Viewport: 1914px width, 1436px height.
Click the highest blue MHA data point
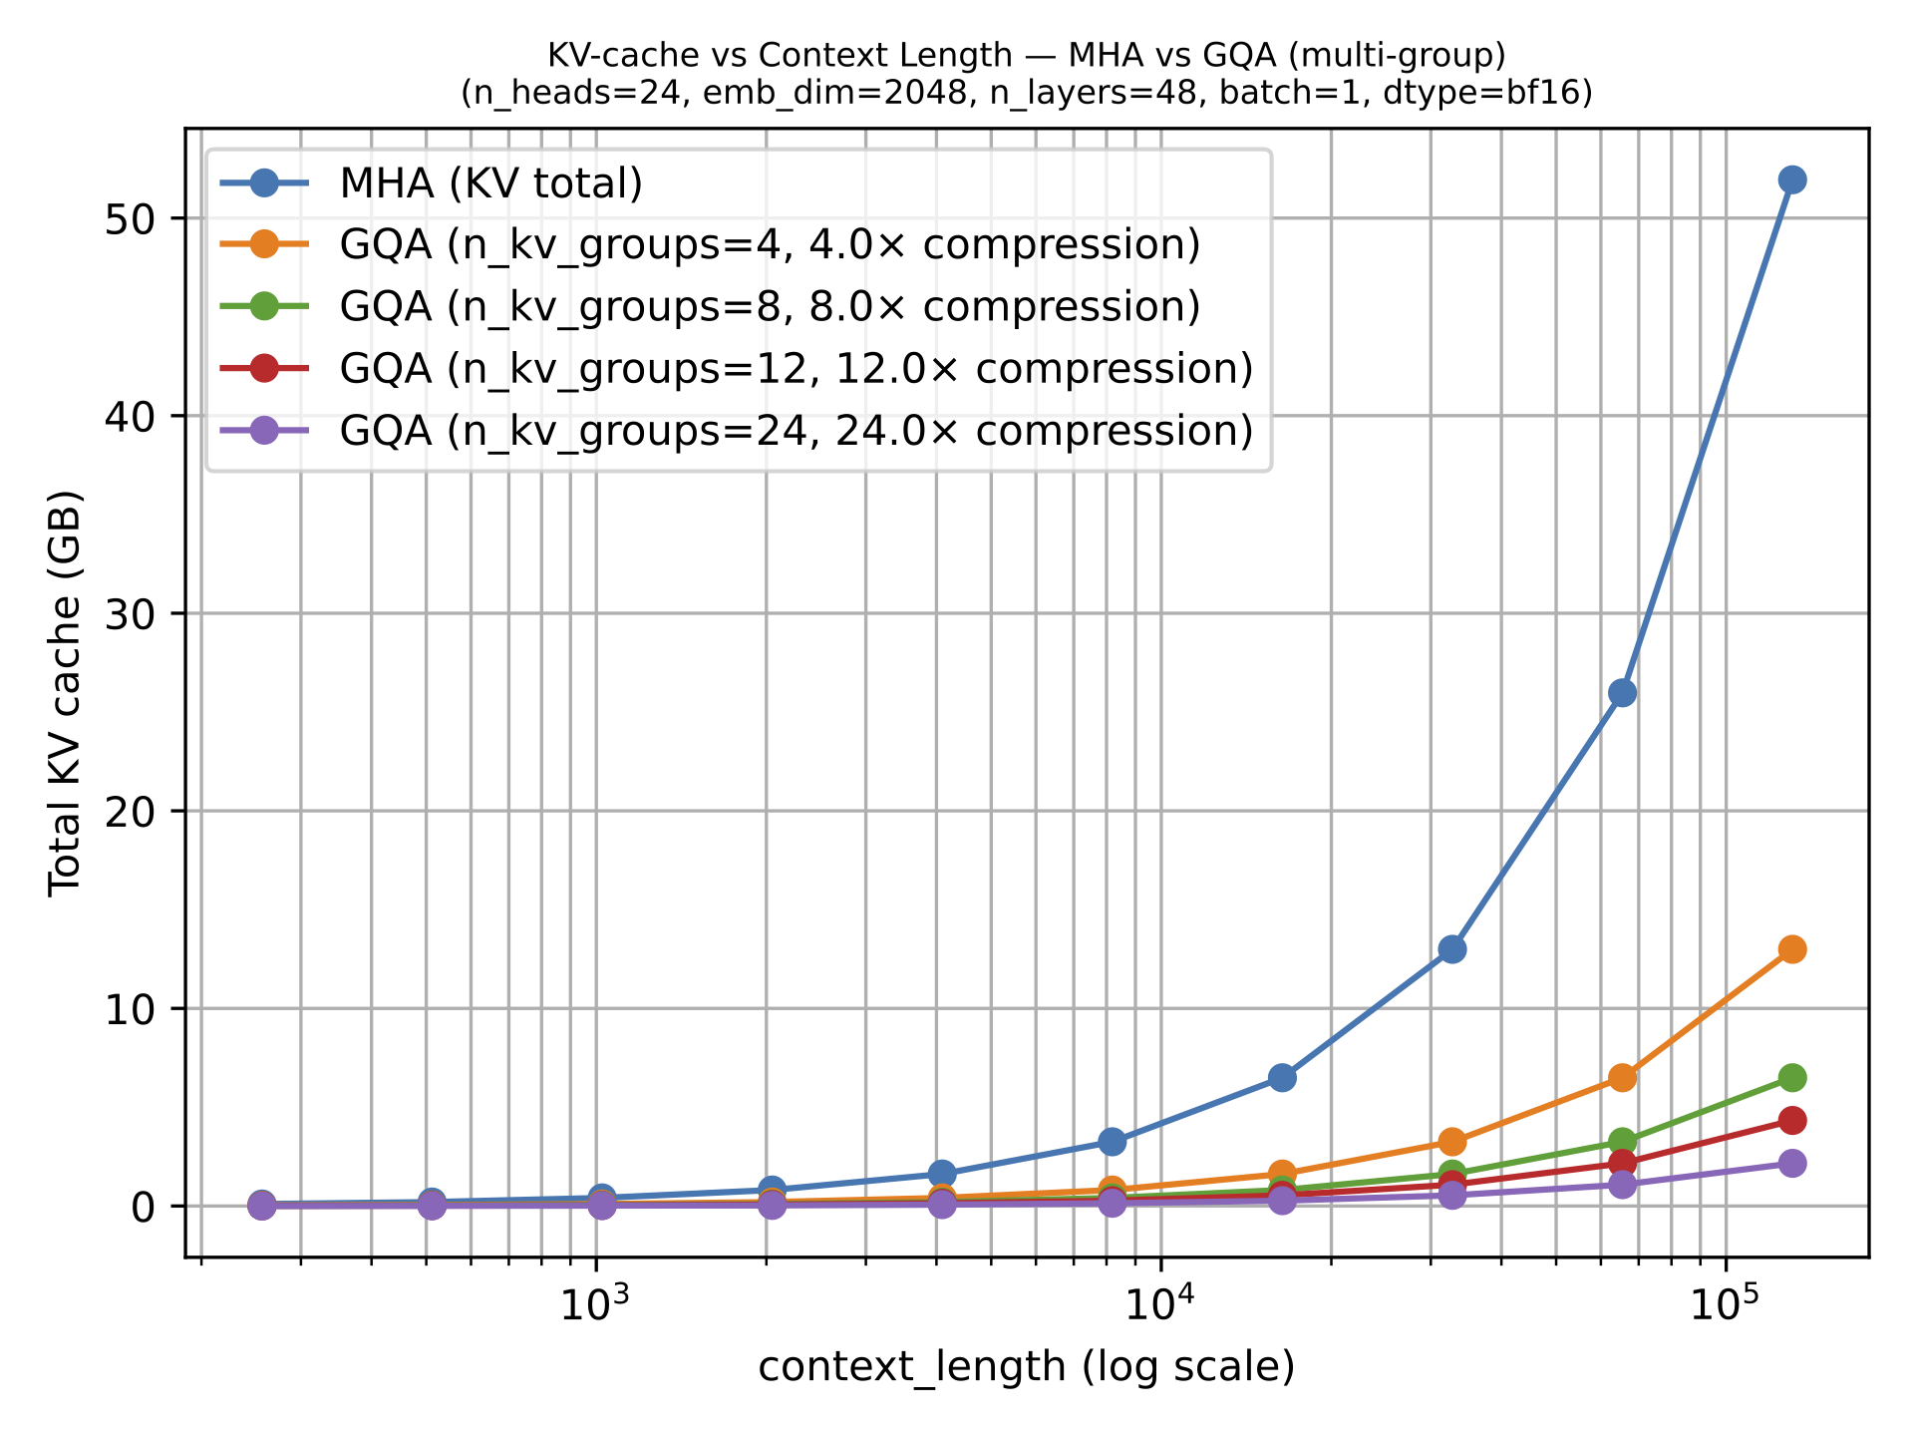[x=1791, y=179]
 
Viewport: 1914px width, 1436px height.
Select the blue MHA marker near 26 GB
[x=1622, y=693]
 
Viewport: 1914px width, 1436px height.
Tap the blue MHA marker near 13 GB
[x=1452, y=949]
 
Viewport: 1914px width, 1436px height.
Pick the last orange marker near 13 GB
[x=1791, y=949]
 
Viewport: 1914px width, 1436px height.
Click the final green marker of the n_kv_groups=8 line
[x=1791, y=1078]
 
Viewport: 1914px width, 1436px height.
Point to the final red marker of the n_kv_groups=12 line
[x=1791, y=1121]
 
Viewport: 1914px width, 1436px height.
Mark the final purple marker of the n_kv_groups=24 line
[x=1791, y=1163]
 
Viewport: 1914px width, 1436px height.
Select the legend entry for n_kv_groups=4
[x=769, y=245]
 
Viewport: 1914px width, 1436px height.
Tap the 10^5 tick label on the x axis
[x=1726, y=1305]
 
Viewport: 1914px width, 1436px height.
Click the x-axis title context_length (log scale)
[x=1026, y=1367]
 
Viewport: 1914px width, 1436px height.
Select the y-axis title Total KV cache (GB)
[x=66, y=693]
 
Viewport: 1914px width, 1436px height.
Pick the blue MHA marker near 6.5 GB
[x=1283, y=1078]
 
